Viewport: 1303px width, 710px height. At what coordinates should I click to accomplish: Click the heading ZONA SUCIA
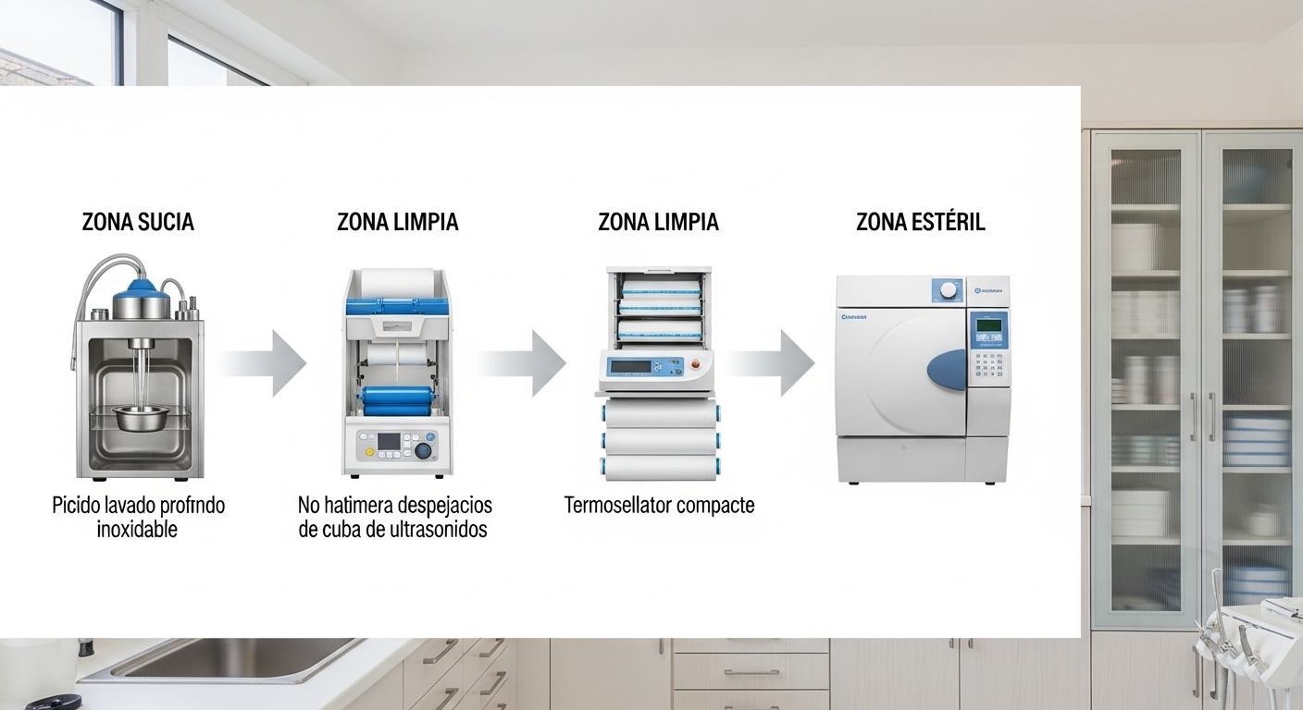pos(138,222)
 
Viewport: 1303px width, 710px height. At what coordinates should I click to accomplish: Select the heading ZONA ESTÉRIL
pos(920,222)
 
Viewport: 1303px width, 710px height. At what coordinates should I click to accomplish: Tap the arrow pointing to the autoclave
pos(773,363)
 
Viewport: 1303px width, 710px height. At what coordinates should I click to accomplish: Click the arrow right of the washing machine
pos(265,363)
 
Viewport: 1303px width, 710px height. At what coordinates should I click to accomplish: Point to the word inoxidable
pos(137,530)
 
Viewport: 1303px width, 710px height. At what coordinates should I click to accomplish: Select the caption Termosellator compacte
pos(659,506)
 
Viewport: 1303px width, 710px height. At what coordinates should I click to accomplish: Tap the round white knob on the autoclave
pos(948,289)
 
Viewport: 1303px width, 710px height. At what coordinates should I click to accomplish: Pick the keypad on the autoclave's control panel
pos(988,369)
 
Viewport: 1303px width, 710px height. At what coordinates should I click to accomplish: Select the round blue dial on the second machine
pos(424,451)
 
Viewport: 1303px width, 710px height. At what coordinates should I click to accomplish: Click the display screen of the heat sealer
pos(631,365)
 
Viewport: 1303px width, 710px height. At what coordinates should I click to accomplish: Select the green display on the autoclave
pos(988,324)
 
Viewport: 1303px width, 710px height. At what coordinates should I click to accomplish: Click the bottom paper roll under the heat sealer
pos(659,468)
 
